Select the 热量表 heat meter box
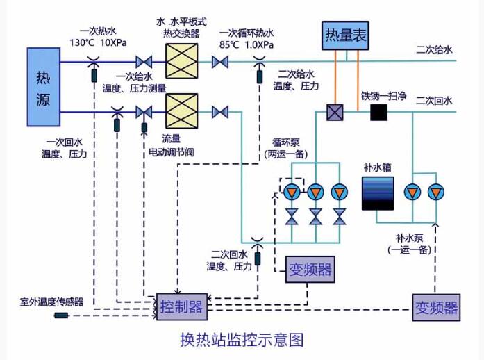pos(345,34)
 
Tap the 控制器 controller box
pos(181,306)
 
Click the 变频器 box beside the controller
pos(310,269)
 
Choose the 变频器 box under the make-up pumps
pos(436,306)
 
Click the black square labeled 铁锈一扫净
pos(378,112)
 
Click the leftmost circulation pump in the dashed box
pos(292,192)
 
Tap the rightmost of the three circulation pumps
pos(339,192)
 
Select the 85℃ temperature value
pos(230,45)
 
